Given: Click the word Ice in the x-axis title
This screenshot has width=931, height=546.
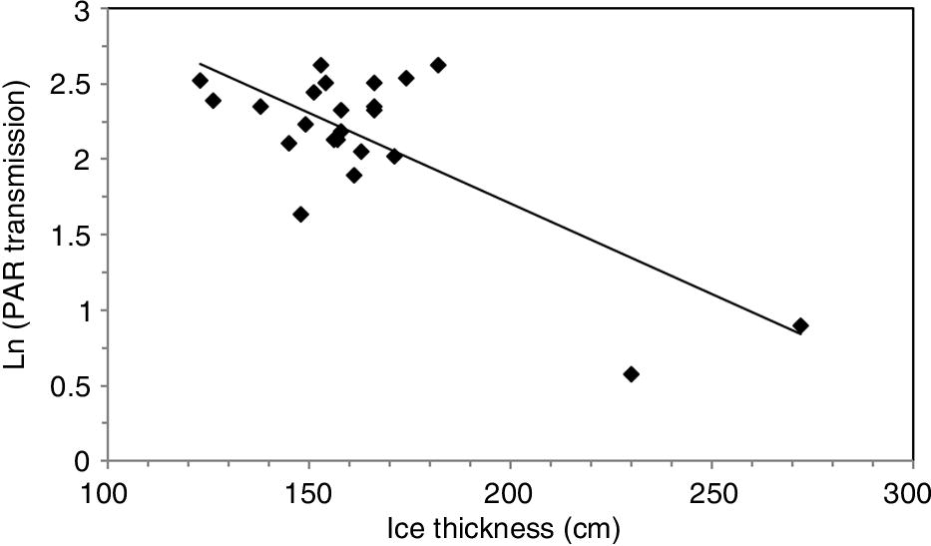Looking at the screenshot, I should [407, 527].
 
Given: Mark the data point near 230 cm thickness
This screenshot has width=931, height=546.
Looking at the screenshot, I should [631, 374].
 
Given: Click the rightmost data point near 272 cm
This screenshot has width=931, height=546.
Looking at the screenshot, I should [800, 326].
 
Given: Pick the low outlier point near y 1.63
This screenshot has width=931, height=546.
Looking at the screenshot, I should [300, 215].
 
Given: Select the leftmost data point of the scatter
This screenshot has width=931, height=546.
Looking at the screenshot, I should [200, 81].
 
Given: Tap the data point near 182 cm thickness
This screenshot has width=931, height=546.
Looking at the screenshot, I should [437, 65].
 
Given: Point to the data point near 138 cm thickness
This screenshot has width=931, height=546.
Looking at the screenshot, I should [260, 107].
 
